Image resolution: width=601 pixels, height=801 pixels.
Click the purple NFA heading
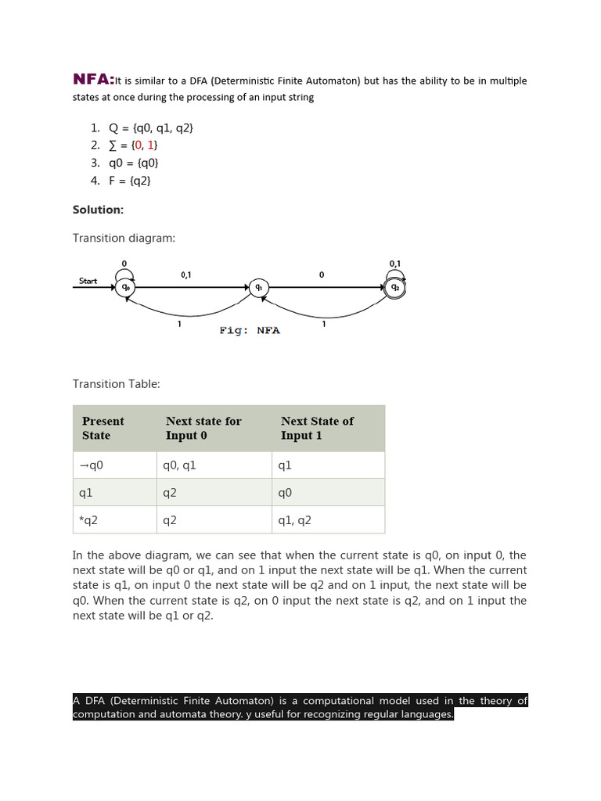point(93,79)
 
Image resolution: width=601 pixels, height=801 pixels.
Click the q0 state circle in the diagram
point(125,288)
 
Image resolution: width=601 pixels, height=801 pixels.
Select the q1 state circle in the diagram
point(258,288)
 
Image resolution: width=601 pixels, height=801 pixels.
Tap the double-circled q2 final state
point(395,288)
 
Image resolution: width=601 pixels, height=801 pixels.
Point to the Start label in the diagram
point(88,281)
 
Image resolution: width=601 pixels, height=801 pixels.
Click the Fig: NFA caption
point(250,330)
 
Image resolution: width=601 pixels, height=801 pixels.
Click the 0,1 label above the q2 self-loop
point(395,264)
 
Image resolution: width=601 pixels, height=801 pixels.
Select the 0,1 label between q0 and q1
point(186,275)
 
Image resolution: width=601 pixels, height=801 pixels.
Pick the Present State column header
point(103,428)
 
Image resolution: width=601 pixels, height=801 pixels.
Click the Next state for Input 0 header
point(203,428)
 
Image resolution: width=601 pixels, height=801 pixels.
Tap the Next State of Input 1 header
point(317,428)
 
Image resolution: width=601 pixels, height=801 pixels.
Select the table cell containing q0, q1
point(179,465)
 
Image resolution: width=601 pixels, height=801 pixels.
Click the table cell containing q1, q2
point(294,520)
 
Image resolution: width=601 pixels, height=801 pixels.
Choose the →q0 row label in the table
point(91,465)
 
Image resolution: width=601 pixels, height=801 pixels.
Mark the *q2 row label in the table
point(88,520)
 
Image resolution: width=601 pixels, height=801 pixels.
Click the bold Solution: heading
point(98,210)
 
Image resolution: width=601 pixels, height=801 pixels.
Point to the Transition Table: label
point(116,384)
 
